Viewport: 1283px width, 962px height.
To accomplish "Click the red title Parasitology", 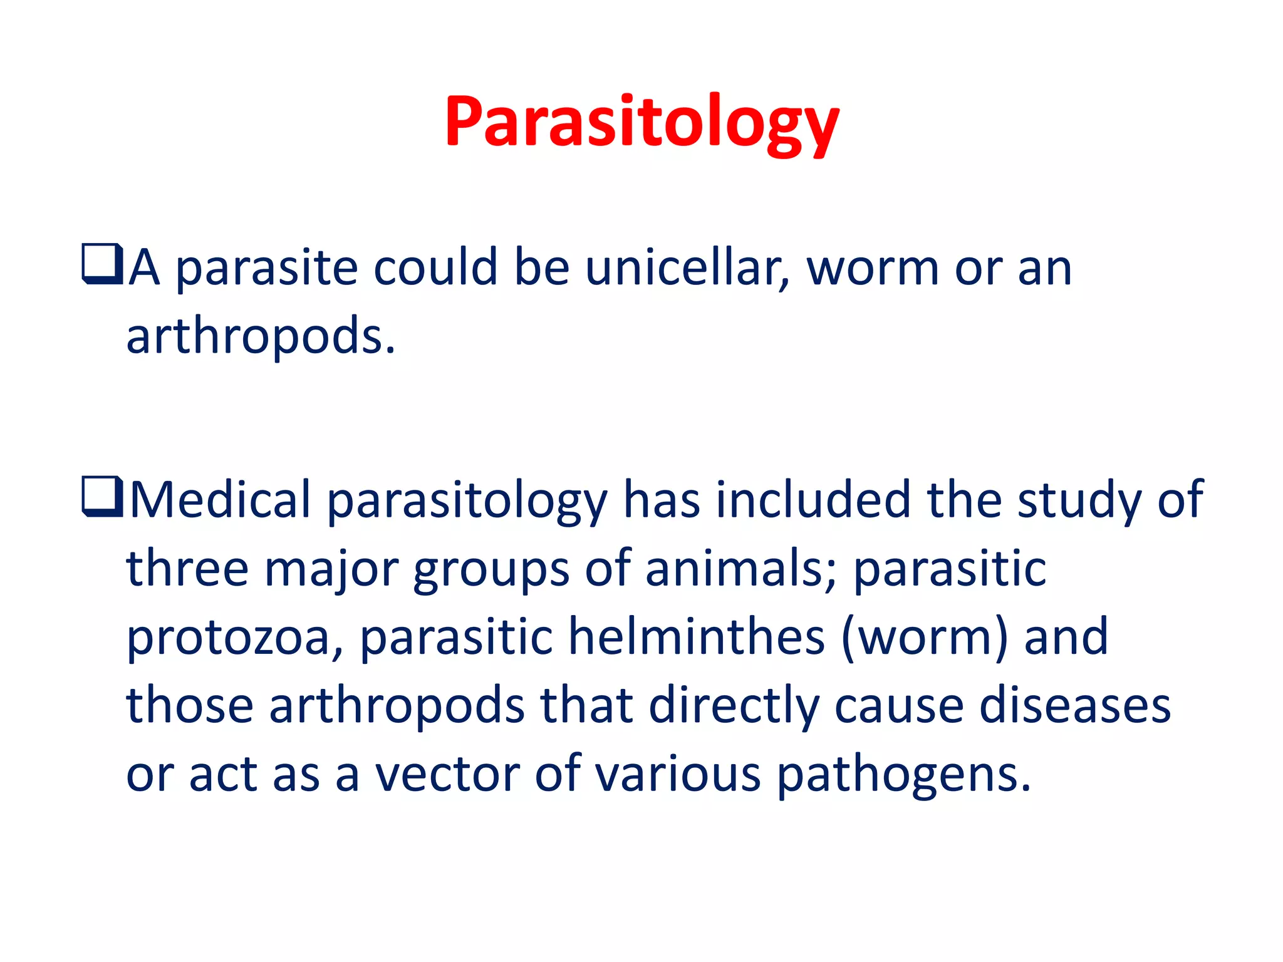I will click(x=641, y=122).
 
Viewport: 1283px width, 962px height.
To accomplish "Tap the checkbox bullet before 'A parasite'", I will click(x=101, y=264).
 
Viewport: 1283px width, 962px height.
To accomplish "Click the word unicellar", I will click(x=687, y=267).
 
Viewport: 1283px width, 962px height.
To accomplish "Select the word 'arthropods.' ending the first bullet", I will click(x=261, y=337).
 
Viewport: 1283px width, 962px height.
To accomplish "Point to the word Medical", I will click(x=220, y=500).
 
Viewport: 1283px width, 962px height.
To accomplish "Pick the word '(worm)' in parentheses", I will click(x=924, y=638).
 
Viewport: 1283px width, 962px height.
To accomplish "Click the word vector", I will click(x=447, y=774).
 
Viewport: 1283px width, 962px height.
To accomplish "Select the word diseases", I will click(x=1074, y=706).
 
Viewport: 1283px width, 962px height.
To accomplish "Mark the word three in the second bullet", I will click(x=187, y=569).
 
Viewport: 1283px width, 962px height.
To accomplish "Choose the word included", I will click(x=813, y=500).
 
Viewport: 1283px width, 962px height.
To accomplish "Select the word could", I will click(x=435, y=267).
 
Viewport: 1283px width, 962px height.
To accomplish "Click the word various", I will click(x=677, y=774).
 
